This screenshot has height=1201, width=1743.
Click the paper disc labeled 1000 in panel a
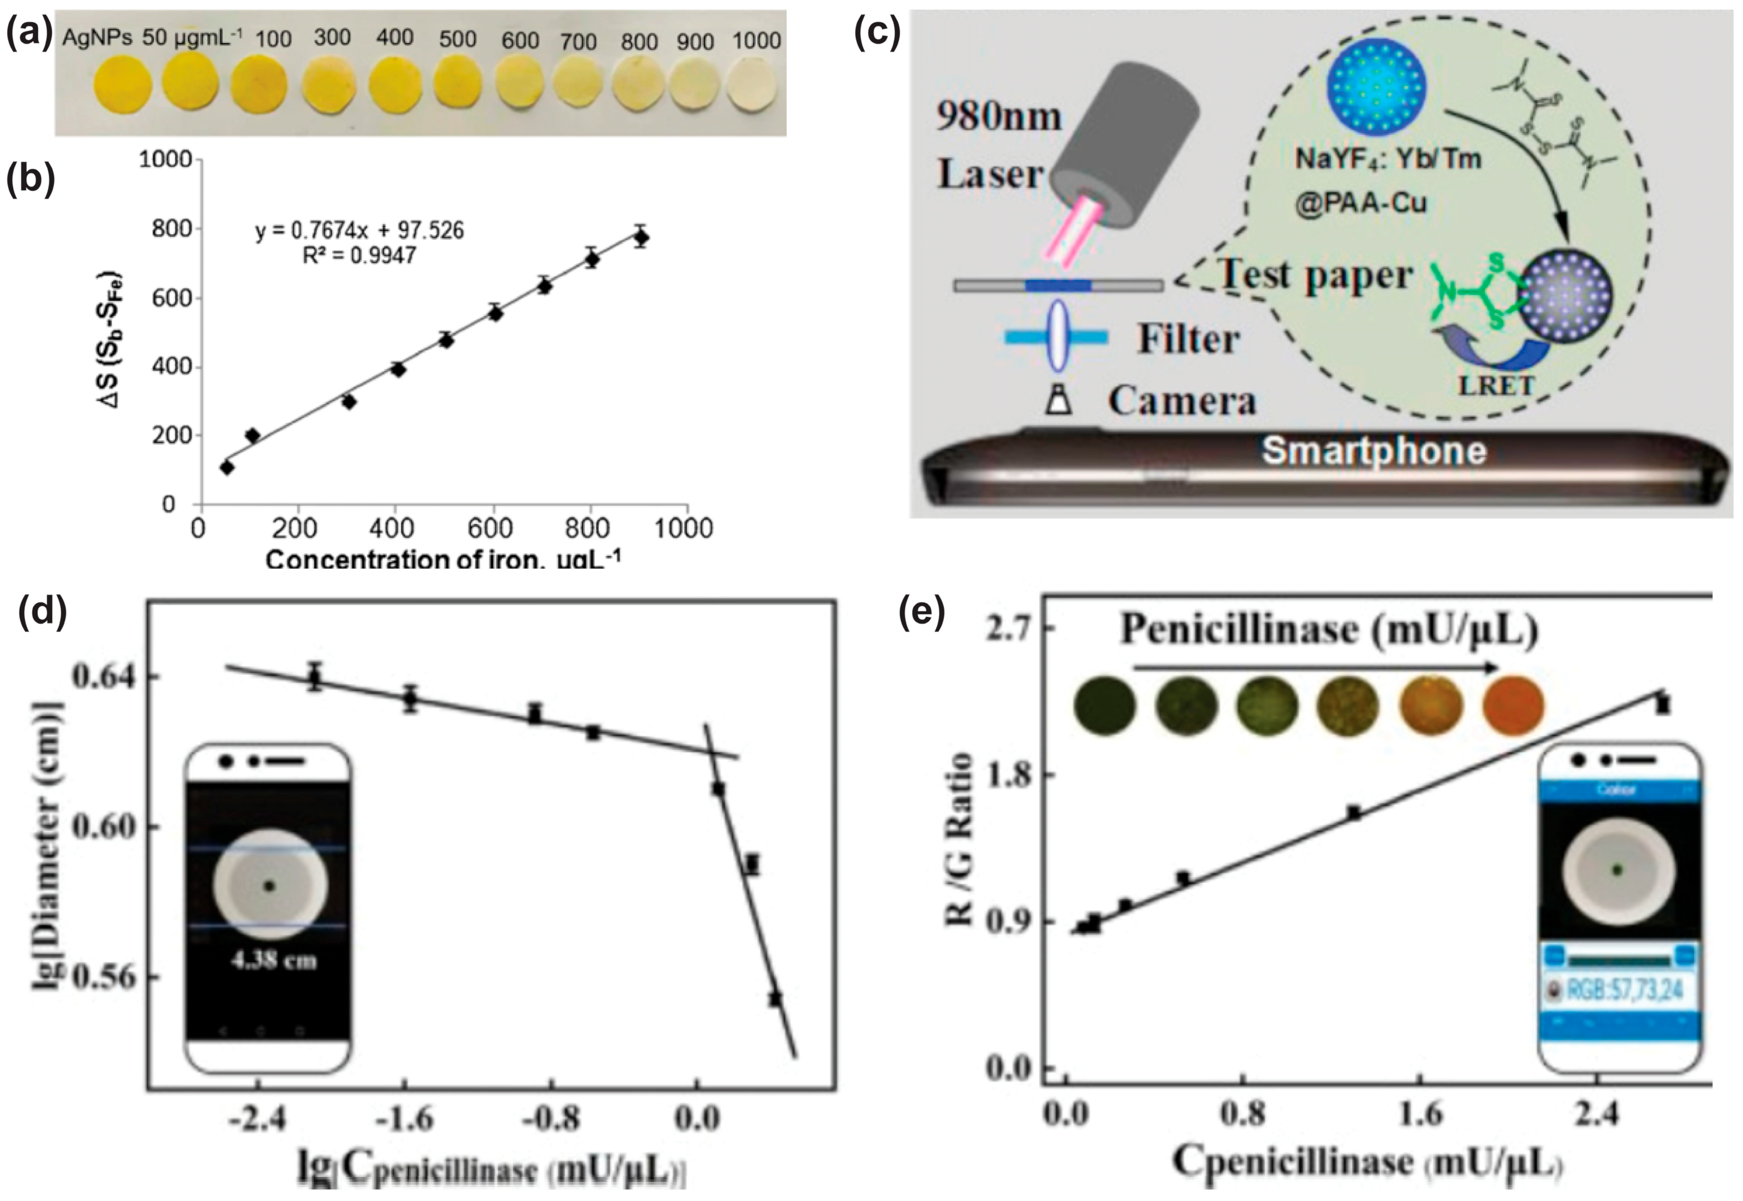coord(755,88)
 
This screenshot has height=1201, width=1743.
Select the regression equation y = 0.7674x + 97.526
coord(359,230)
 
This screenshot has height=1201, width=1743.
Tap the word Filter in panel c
coord(1188,339)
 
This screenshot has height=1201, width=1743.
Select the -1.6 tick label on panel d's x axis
coord(405,1119)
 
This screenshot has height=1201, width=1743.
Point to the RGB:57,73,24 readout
coord(1623,989)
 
